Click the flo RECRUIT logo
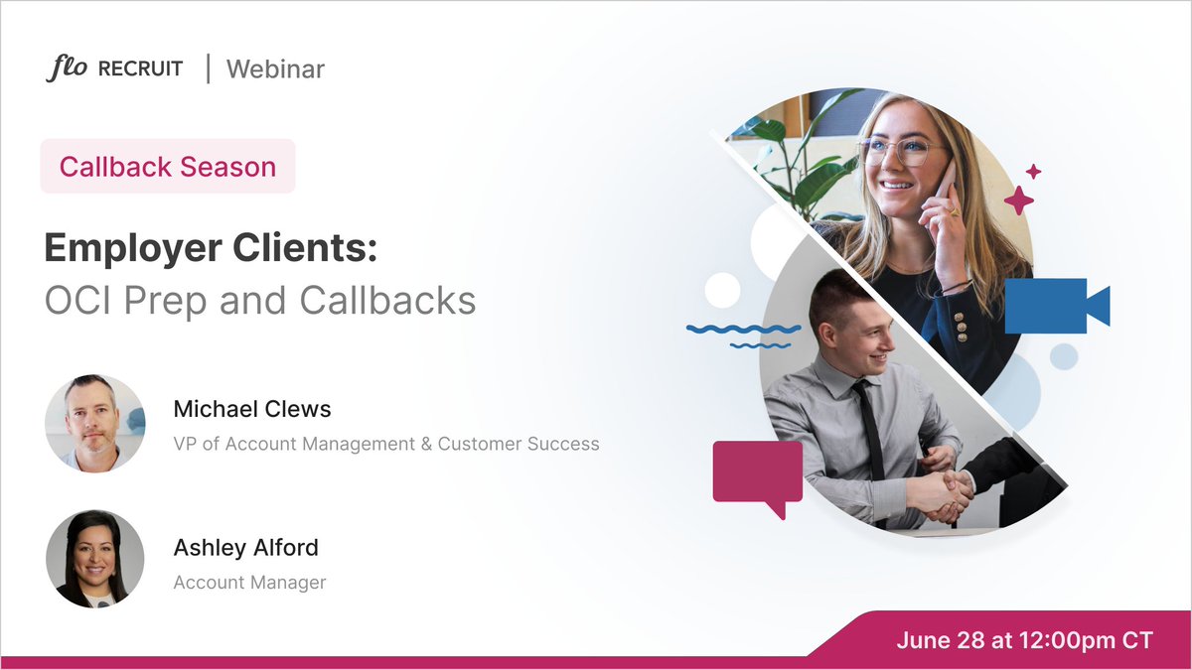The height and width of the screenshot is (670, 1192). click(x=114, y=69)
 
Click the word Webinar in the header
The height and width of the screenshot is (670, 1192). click(x=275, y=69)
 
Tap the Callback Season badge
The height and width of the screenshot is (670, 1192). click(x=168, y=166)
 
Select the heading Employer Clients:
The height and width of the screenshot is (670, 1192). click(x=211, y=248)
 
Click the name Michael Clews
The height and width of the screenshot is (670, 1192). click(x=252, y=409)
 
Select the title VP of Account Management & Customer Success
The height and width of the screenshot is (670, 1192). click(x=386, y=444)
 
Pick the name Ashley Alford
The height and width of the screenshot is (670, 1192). click(x=245, y=547)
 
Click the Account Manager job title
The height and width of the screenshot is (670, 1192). click(x=249, y=583)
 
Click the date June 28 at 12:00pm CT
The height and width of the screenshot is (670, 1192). click(x=1024, y=640)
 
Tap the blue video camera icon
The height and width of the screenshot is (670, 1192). click(x=1055, y=306)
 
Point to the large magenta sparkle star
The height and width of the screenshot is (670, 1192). click(x=1018, y=200)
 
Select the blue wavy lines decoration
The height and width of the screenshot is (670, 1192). click(x=744, y=334)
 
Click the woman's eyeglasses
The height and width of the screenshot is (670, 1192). click(x=902, y=152)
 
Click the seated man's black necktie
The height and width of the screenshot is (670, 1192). click(x=871, y=428)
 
